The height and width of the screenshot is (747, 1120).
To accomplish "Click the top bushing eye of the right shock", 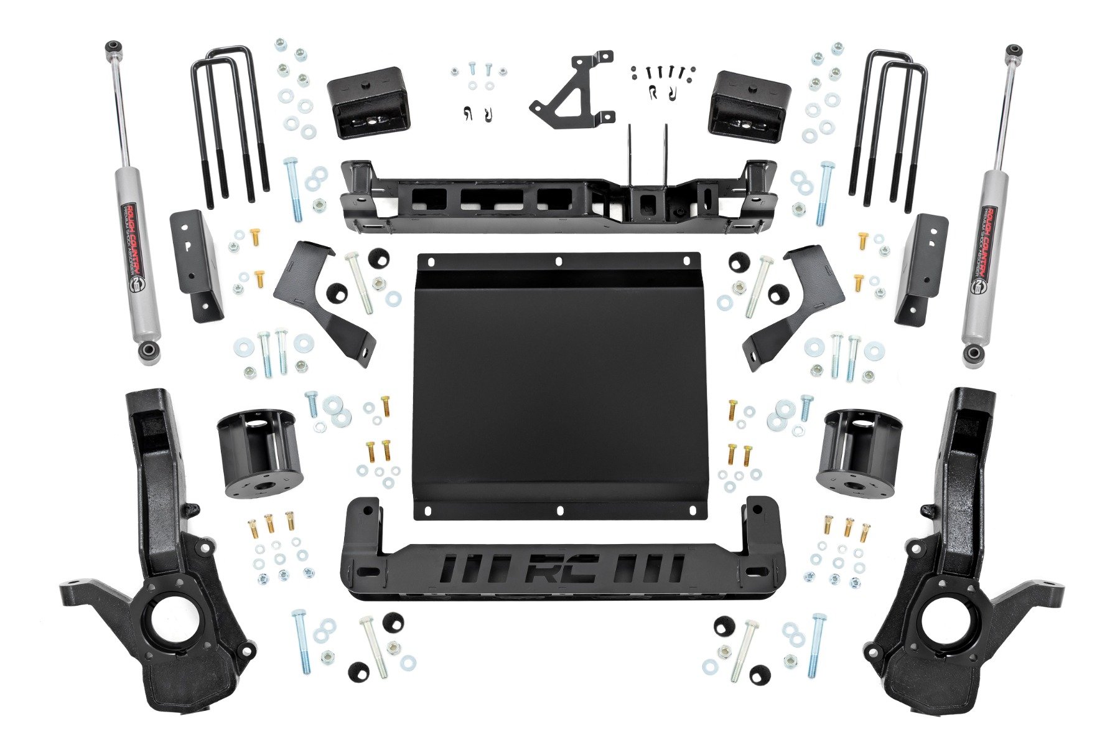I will tap(1014, 50).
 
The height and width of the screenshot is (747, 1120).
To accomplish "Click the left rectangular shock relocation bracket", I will tap(196, 265).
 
